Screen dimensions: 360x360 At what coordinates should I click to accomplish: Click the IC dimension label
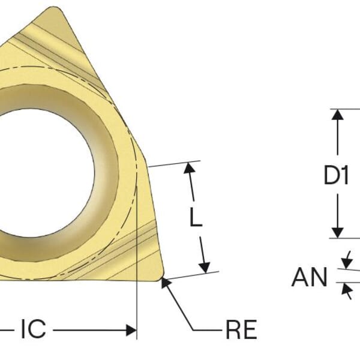33,329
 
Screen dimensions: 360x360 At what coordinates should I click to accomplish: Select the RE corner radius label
241,329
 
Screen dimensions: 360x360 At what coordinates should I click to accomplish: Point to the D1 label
336,175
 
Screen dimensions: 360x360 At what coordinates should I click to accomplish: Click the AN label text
310,278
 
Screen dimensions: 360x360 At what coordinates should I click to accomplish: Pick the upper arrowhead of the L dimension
190,169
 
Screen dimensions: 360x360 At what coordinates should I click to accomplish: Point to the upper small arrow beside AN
346,262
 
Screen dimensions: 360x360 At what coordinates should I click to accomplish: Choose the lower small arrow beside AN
346,289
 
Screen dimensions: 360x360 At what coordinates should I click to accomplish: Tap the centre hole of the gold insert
36,175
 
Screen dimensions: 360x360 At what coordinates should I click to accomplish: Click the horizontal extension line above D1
345,109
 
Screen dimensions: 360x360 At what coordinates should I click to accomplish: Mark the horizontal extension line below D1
345,238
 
